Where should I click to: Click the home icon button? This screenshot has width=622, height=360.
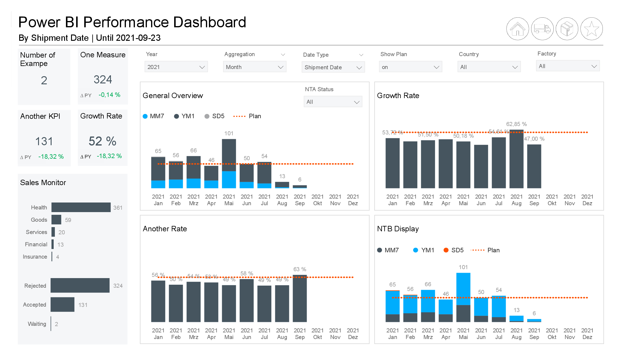click(517, 29)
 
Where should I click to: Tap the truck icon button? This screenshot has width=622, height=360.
click(542, 29)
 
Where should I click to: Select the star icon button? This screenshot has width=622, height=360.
click(591, 29)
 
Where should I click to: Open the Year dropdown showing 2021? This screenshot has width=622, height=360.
click(176, 67)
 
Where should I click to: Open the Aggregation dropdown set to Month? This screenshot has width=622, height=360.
click(254, 67)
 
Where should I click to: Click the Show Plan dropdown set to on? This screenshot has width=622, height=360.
click(410, 67)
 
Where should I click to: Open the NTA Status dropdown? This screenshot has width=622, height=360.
click(333, 102)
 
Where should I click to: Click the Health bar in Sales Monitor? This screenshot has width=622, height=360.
click(81, 207)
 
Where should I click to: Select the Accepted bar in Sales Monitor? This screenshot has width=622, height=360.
click(62, 304)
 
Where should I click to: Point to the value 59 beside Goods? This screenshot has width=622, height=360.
click(68, 220)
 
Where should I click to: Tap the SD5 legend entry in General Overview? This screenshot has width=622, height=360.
click(215, 116)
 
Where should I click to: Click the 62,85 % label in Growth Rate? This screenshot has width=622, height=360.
click(516, 124)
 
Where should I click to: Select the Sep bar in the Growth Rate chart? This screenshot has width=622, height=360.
click(534, 166)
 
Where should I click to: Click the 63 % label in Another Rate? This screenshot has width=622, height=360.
click(299, 269)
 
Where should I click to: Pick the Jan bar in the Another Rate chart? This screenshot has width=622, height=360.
click(158, 301)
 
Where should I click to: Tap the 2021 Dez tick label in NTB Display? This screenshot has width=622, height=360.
click(587, 334)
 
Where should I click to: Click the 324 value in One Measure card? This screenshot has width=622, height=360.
click(103, 79)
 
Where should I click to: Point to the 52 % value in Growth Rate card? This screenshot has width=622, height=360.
click(103, 141)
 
